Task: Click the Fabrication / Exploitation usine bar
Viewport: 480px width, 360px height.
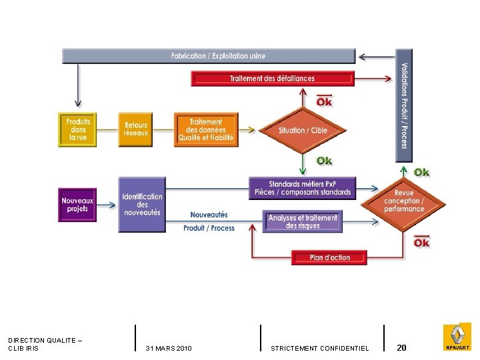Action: pyautogui.click(x=209, y=56)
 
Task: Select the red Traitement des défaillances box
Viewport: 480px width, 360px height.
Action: pyautogui.click(x=272, y=79)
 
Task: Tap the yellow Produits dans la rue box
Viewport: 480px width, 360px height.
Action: pyautogui.click(x=78, y=130)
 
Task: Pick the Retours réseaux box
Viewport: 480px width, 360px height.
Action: pyautogui.click(x=136, y=129)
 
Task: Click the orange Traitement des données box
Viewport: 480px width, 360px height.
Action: pyautogui.click(x=205, y=130)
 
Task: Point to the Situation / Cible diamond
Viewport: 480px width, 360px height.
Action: pyautogui.click(x=303, y=131)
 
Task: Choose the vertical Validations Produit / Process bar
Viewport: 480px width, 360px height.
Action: pyautogui.click(x=404, y=105)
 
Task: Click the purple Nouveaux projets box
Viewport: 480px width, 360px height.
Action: pyautogui.click(x=77, y=205)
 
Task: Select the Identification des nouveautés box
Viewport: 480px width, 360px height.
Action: pyautogui.click(x=142, y=205)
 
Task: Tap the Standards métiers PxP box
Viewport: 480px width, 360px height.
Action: pyautogui.click(x=303, y=188)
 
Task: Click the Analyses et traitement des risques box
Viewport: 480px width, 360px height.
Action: pyautogui.click(x=303, y=222)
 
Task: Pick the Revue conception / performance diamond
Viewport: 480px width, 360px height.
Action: pyautogui.click(x=403, y=201)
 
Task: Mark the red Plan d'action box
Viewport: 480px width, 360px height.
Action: pyautogui.click(x=329, y=257)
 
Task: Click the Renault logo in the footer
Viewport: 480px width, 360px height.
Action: pyautogui.click(x=457, y=337)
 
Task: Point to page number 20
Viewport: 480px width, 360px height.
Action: pyautogui.click(x=401, y=347)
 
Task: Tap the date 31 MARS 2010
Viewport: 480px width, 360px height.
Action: pyautogui.click(x=169, y=349)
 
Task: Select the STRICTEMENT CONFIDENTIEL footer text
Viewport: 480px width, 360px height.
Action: pyautogui.click(x=320, y=349)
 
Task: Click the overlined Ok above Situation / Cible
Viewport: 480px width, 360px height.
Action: pyautogui.click(x=324, y=101)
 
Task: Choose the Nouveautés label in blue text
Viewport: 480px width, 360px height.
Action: pyautogui.click(x=209, y=215)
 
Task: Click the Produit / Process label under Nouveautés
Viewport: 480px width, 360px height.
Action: pyautogui.click(x=209, y=228)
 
